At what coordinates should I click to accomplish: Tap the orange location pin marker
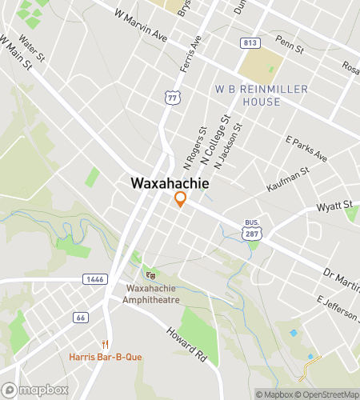pos(181,199)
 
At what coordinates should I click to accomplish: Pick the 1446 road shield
pos(94,278)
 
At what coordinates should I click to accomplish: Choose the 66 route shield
pos(81,318)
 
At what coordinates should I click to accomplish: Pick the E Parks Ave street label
pos(306,148)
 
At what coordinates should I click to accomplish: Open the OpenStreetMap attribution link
pos(329,394)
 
